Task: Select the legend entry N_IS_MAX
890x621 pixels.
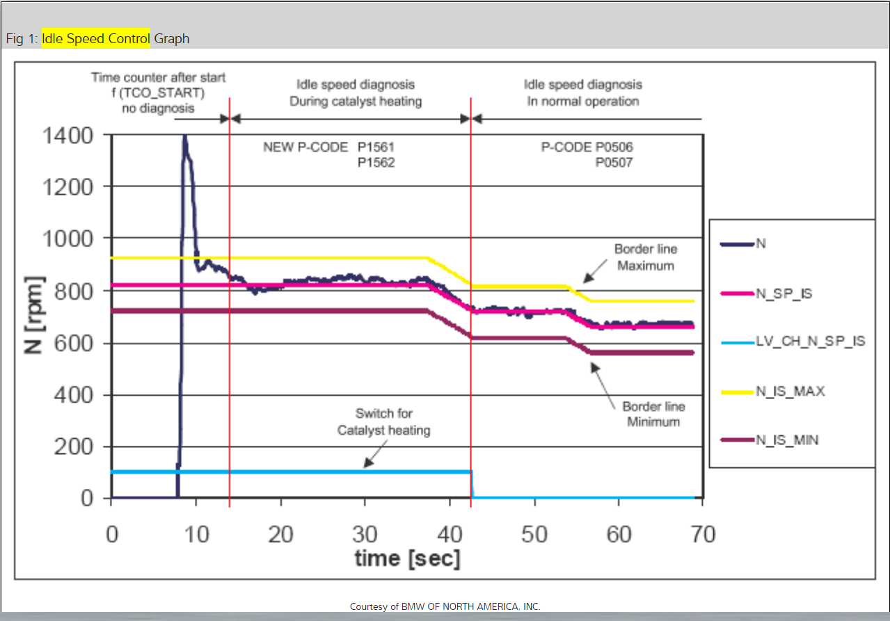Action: click(790, 391)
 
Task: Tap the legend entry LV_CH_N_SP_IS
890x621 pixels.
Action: click(811, 341)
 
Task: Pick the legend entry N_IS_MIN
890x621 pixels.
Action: click(787, 439)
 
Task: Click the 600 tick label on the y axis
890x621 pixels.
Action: click(74, 343)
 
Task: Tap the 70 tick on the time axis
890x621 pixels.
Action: click(701, 534)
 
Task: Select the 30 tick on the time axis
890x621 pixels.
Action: click(365, 534)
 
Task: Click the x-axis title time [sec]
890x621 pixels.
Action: click(407, 558)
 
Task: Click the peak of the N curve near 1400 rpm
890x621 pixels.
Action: click(184, 136)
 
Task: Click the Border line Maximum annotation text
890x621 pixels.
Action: click(645, 257)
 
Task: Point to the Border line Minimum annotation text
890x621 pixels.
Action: click(653, 414)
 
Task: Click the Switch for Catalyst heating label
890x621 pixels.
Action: click(383, 422)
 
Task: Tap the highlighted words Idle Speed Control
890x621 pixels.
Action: click(95, 38)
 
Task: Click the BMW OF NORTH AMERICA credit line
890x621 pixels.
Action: click(445, 606)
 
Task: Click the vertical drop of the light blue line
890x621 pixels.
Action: click(472, 485)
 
